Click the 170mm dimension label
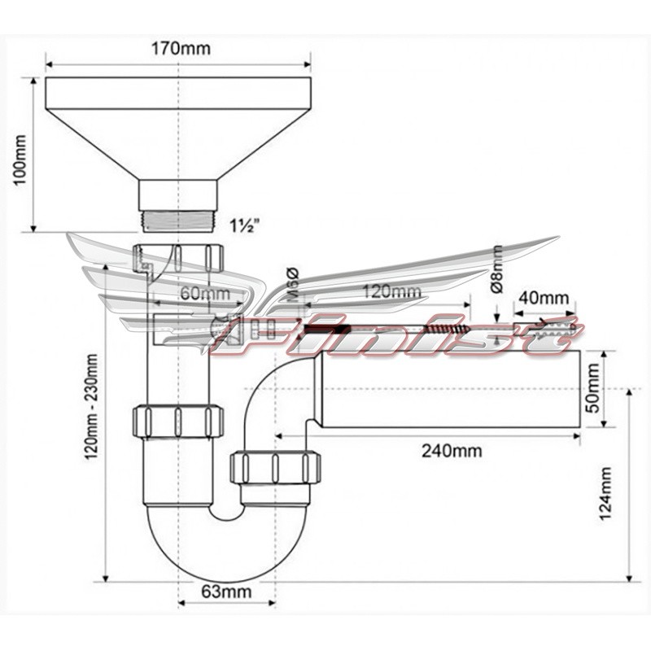[181, 49]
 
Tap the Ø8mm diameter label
[497, 269]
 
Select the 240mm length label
[452, 450]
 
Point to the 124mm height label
[606, 493]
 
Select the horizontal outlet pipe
[448, 389]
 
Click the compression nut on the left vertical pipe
[177, 421]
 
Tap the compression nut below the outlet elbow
[275, 467]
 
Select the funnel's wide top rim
[177, 92]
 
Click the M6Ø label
[294, 285]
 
